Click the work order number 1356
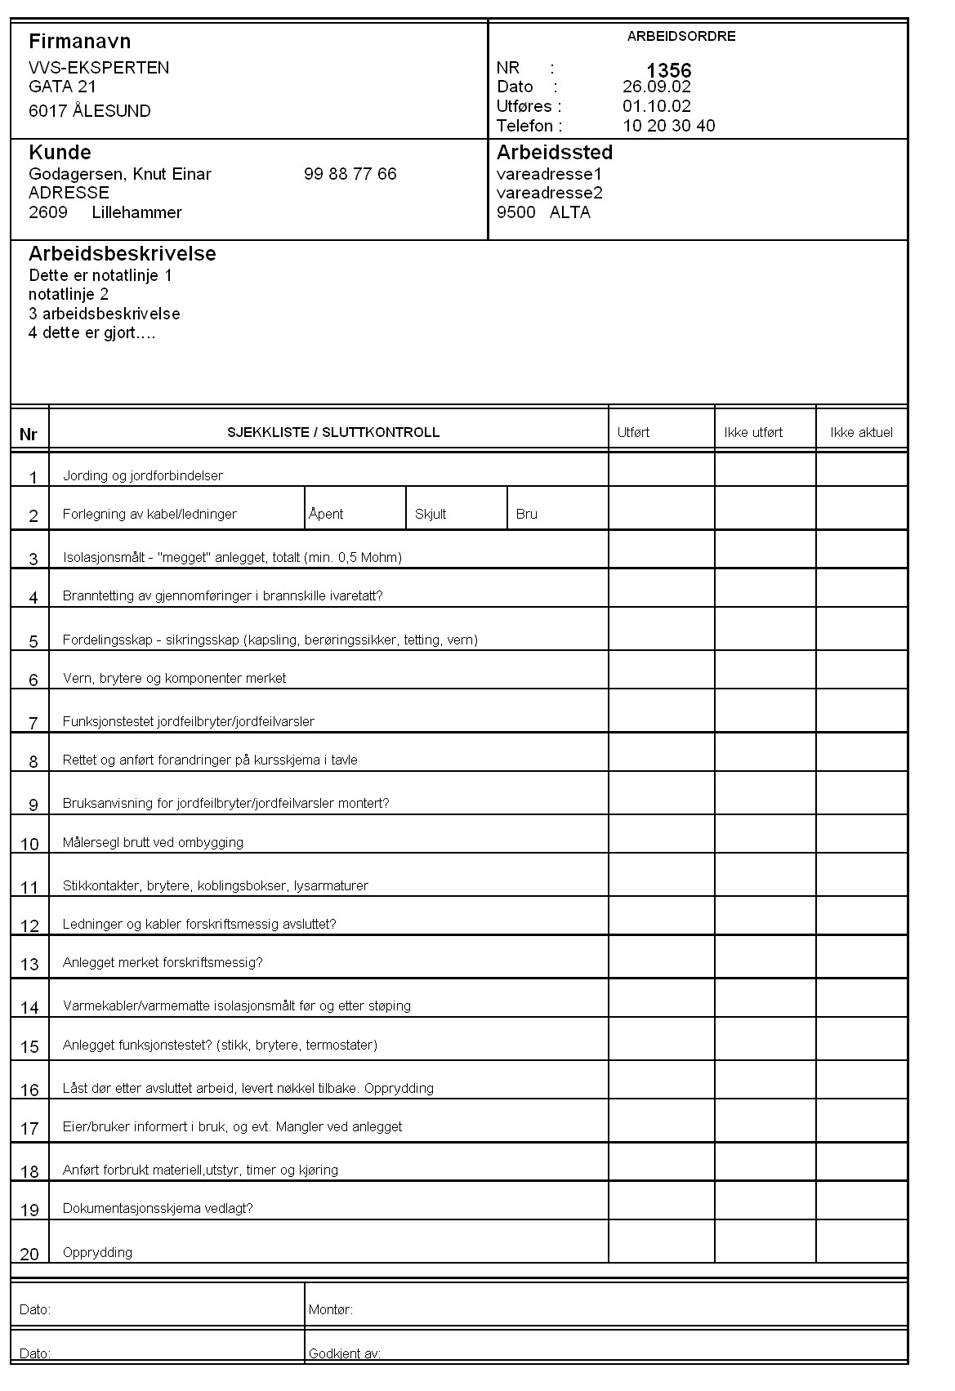(668, 70)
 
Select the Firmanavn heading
(79, 42)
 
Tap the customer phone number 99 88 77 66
(350, 174)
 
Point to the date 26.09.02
(656, 87)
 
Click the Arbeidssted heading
(554, 153)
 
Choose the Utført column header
(633, 433)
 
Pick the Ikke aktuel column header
(861, 433)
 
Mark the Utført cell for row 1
(661, 469)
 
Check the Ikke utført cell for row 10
(765, 834)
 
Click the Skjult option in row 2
(431, 514)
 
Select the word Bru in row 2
(527, 514)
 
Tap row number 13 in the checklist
(29, 965)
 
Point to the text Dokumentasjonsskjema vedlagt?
(158, 1208)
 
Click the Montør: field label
(330, 1309)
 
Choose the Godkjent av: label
(344, 1353)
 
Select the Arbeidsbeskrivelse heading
(122, 254)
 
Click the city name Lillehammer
(136, 212)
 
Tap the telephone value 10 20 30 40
(668, 126)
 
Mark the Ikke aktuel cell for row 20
(861, 1242)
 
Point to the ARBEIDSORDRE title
(681, 37)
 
